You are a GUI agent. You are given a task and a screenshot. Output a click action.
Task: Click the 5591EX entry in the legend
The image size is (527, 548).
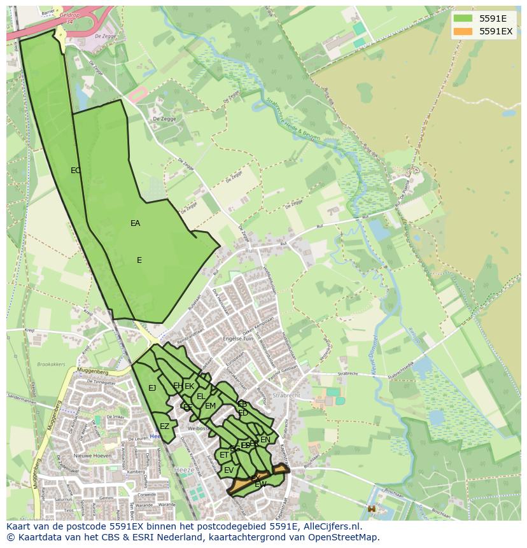(496, 31)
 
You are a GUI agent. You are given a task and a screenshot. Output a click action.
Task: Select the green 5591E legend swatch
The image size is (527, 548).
(463, 18)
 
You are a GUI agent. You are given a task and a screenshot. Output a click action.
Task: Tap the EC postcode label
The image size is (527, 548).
(76, 170)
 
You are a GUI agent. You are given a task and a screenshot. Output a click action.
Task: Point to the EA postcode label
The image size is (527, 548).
(135, 223)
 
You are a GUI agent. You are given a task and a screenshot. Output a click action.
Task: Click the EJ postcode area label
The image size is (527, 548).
(152, 388)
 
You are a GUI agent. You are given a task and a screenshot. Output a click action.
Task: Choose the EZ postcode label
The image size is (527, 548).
(165, 426)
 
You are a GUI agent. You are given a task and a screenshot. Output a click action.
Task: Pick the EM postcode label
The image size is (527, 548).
(211, 406)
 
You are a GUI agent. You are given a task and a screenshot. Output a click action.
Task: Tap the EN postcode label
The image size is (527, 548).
(265, 439)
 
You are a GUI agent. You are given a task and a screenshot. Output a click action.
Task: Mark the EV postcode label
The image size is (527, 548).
(228, 470)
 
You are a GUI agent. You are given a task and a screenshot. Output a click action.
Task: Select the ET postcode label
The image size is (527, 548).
(224, 455)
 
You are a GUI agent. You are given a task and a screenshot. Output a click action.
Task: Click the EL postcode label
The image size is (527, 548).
(201, 397)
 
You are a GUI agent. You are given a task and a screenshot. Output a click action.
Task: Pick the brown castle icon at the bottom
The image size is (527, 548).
(371, 509)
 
